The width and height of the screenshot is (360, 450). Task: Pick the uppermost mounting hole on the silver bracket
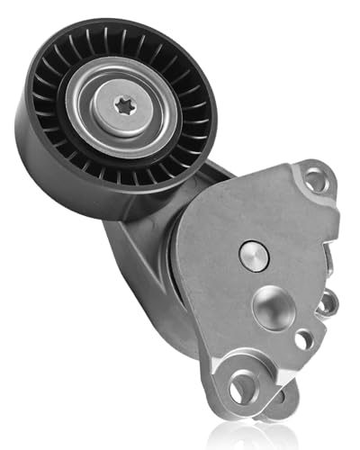pyautogui.click(x=315, y=181)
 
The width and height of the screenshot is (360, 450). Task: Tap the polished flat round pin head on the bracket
pyautogui.click(x=254, y=256)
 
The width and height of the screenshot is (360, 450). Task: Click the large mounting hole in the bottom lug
pyautogui.click(x=242, y=388)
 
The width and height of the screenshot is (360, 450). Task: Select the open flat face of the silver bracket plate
pyautogui.click(x=216, y=297)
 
